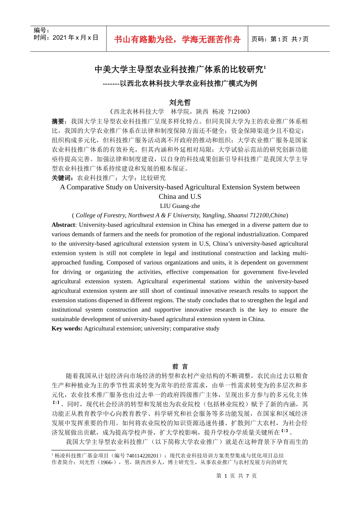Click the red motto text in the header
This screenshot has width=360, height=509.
pos(177,39)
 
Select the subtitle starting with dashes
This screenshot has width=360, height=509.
pos(180,83)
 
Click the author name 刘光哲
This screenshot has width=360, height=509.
pos(180,102)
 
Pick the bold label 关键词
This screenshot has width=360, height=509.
pos(62,178)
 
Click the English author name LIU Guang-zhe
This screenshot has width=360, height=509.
pos(180,206)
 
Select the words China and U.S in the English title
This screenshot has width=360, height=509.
pos(180,197)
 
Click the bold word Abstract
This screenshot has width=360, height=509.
pos(63,225)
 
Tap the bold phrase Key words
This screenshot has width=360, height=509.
pos(67,329)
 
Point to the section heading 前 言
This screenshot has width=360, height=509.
pos(180,366)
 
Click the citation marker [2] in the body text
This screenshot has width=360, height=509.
pos(285,431)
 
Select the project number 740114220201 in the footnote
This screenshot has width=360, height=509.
pos(142,456)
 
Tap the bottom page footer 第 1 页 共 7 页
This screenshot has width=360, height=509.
pos(236,476)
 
